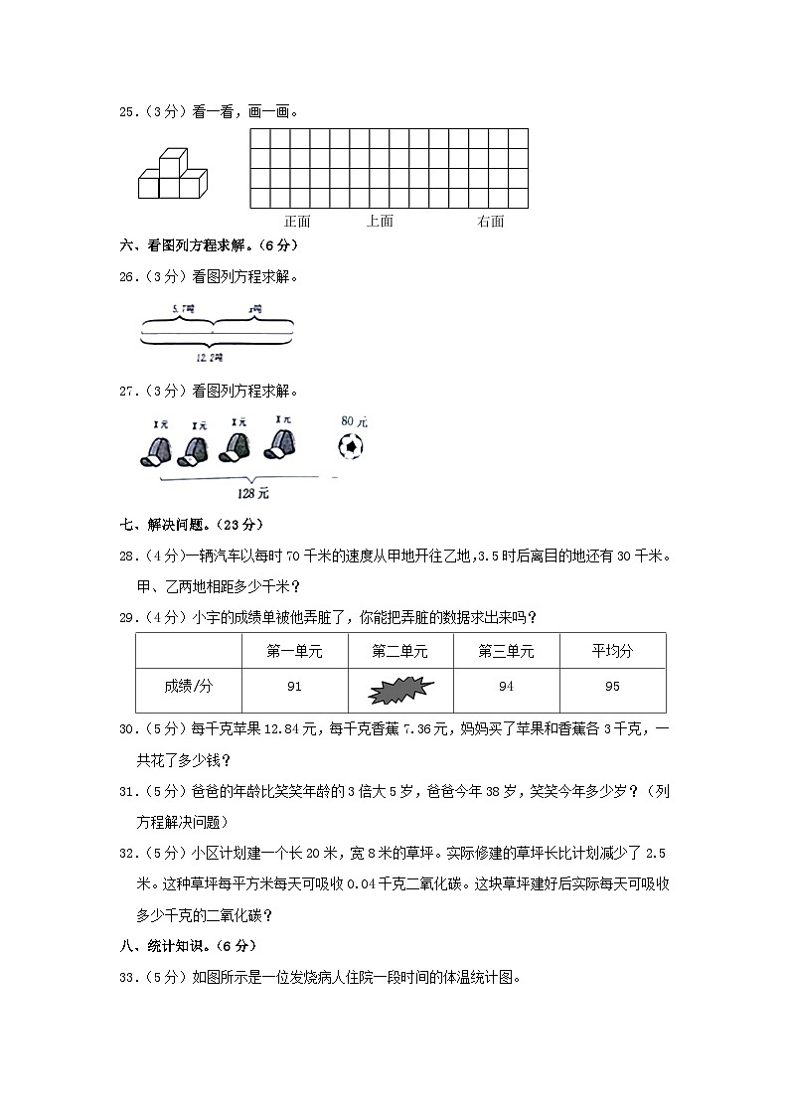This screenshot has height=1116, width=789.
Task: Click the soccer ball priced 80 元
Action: [352, 448]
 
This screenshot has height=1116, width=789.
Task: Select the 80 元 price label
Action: [353, 421]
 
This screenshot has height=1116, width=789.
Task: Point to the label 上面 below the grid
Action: [380, 221]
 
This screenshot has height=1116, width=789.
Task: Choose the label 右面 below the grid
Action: [490, 221]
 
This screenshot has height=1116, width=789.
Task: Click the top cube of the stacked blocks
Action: [175, 160]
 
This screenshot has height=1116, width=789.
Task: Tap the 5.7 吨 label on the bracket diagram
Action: [182, 310]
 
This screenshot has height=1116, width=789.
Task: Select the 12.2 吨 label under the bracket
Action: [210, 357]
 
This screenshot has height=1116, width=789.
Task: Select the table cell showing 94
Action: [506, 687]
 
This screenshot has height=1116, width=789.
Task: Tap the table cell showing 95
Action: [612, 687]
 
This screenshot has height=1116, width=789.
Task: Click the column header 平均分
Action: [612, 651]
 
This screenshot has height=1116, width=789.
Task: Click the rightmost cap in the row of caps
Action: [279, 446]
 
